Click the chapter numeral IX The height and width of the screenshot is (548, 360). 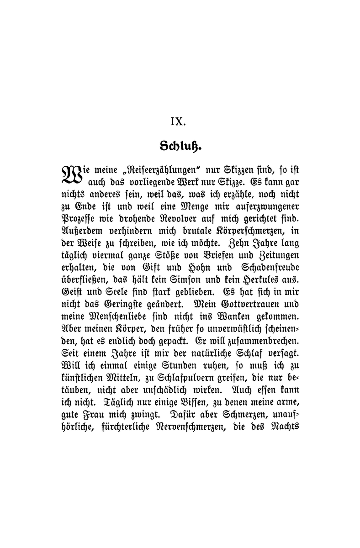coord(176,122)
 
